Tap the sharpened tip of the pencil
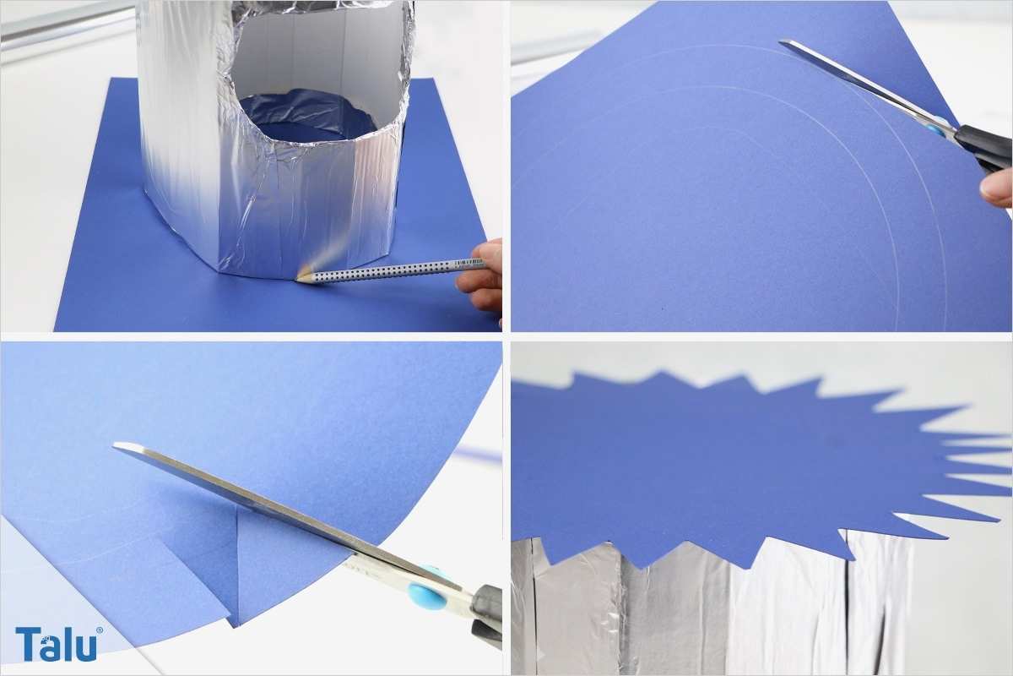pos(297,280)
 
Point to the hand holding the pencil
pos(480,276)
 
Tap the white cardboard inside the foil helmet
pos(317,54)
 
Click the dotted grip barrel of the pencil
pos(384,272)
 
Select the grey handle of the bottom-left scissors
pos(486,611)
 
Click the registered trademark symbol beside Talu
pos(100,630)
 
